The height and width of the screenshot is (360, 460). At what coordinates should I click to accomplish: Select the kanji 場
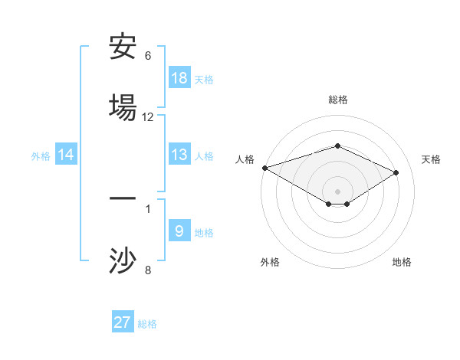click(123, 106)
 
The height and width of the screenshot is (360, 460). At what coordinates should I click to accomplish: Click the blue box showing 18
click(179, 78)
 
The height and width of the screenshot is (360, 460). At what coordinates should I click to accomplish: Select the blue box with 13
click(179, 155)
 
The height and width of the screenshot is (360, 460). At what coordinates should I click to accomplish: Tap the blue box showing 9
click(179, 231)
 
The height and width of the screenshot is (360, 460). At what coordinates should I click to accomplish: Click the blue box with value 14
click(66, 155)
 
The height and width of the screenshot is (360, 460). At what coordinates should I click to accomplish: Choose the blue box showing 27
click(123, 322)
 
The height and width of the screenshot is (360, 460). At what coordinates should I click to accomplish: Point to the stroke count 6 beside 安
click(148, 56)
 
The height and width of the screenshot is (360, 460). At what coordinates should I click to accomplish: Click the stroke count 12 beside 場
click(148, 117)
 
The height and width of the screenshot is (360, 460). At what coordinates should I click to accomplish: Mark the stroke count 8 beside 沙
click(148, 270)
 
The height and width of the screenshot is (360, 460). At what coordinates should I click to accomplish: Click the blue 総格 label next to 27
click(147, 324)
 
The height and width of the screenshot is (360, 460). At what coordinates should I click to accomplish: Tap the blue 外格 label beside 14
click(41, 156)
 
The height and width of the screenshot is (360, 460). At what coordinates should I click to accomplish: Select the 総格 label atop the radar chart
click(338, 100)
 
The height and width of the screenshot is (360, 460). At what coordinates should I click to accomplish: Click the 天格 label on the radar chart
click(431, 159)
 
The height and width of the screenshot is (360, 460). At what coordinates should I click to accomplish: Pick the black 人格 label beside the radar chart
click(245, 159)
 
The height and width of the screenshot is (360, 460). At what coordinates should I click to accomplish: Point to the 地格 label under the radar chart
click(402, 262)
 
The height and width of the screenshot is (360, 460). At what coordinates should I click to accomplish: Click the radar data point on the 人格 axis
click(264, 167)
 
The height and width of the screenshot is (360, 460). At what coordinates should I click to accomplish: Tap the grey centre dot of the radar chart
click(338, 191)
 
